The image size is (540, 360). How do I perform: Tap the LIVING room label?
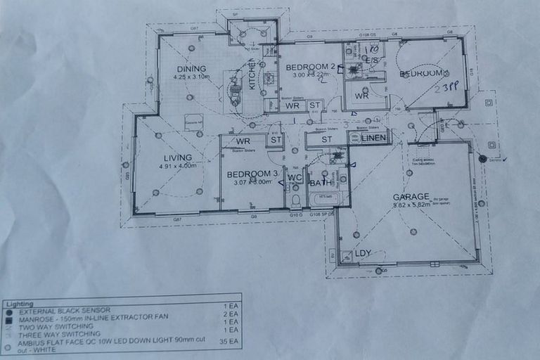(x=177, y=157)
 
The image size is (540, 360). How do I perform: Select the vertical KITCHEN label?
(x=253, y=75)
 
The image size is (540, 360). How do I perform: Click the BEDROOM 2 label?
(x=310, y=67)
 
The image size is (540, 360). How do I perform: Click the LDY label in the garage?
(x=363, y=253)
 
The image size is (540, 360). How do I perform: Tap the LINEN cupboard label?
(x=374, y=138)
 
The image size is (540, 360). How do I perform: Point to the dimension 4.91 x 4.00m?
(x=177, y=167)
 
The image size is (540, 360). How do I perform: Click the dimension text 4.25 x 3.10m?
(x=192, y=77)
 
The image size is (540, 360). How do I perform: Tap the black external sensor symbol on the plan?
(x=482, y=159)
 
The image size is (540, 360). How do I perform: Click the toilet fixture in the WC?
(x=296, y=200)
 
